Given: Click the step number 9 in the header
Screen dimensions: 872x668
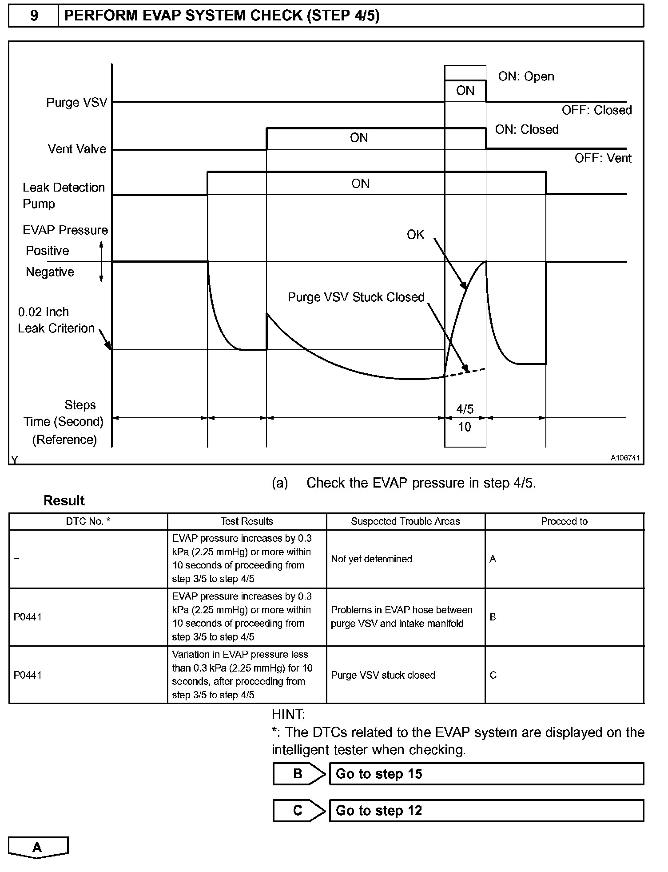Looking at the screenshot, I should [34, 16].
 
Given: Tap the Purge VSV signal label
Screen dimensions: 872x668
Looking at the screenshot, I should [77, 103].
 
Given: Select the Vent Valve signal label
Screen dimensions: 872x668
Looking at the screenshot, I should [77, 149].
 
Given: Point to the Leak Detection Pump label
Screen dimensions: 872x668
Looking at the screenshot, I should [64, 196].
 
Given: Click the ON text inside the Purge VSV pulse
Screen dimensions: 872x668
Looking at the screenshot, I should [465, 91].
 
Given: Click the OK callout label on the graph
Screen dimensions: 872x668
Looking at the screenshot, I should [415, 235].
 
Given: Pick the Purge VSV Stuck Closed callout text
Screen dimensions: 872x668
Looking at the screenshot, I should [356, 297].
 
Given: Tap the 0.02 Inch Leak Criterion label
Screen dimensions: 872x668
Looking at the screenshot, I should [56, 320].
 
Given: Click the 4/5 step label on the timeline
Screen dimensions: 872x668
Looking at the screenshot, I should [465, 409].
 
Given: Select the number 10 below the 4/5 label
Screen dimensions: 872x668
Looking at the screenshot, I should [464, 427].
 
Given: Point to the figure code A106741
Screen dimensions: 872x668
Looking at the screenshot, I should [625, 458].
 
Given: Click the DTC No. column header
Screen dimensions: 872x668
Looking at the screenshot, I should [88, 521].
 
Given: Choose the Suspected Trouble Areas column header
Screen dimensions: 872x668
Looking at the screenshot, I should [405, 521].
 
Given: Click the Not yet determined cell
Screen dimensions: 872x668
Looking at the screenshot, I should [371, 559].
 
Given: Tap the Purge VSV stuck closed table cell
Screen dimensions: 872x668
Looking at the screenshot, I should [383, 675].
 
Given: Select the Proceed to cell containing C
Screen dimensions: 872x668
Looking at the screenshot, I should [493, 675].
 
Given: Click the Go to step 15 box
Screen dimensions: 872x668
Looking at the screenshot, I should [486, 774].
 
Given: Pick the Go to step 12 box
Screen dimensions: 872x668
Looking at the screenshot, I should [486, 811].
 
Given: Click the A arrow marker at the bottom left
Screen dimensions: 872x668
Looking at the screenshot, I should [38, 848].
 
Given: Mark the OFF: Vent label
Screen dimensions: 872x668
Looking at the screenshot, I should [603, 158].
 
